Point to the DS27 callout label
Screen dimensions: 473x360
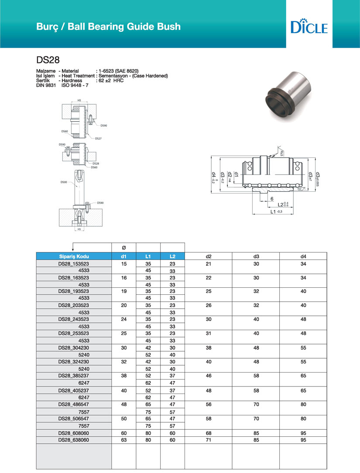(x=98, y=138)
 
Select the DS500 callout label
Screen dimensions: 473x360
(x=64, y=182)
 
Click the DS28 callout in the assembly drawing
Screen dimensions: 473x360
(x=96, y=163)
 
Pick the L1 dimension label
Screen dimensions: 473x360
(x=274, y=211)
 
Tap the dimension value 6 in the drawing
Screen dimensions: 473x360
(x=272, y=198)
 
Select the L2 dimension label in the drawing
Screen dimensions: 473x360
(x=281, y=204)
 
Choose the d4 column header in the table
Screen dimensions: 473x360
(x=303, y=256)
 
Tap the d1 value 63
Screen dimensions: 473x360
(x=124, y=440)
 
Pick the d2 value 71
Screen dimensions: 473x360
(x=209, y=440)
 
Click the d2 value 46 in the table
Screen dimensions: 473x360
(x=209, y=376)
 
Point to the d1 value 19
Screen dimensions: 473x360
(x=124, y=291)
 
